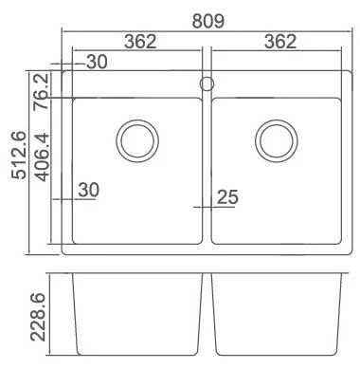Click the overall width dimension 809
tap(208, 21)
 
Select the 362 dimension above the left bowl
tap(140, 42)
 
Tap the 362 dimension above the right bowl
tap(280, 42)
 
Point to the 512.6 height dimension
tap(18, 155)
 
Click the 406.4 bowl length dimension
tap(43, 157)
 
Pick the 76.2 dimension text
tap(42, 91)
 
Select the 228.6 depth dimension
tap(38, 317)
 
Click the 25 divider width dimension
tap(227, 197)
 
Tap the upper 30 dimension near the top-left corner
tap(97, 62)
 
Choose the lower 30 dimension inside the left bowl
tap(89, 190)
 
